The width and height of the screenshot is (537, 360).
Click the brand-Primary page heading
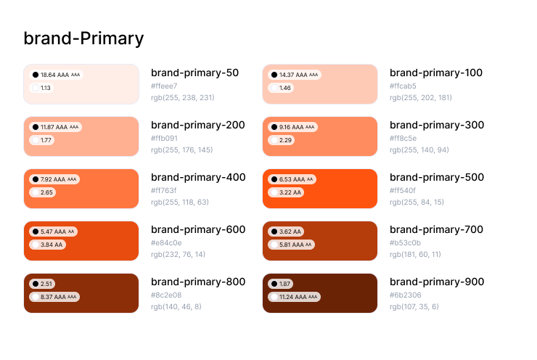(x=83, y=38)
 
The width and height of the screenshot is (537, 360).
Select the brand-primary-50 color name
(x=194, y=73)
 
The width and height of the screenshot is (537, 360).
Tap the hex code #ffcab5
(x=403, y=86)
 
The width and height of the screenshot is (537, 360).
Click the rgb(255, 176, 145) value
(x=181, y=150)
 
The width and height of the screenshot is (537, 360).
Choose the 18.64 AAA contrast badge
(x=56, y=75)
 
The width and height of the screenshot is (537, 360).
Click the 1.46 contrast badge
(x=282, y=88)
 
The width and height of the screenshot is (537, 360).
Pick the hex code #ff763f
(x=164, y=190)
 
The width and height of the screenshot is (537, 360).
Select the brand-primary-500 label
(x=436, y=177)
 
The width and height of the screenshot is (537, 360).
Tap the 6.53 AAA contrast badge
(x=292, y=179)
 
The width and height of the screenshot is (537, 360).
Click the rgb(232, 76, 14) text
(x=179, y=254)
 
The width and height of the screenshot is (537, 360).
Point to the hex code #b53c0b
(x=405, y=242)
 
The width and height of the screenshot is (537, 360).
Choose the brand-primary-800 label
(x=198, y=282)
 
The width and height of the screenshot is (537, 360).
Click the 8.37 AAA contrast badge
(x=54, y=297)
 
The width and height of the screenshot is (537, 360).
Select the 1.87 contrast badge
(x=282, y=284)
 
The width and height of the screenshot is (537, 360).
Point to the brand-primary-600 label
(x=198, y=229)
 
